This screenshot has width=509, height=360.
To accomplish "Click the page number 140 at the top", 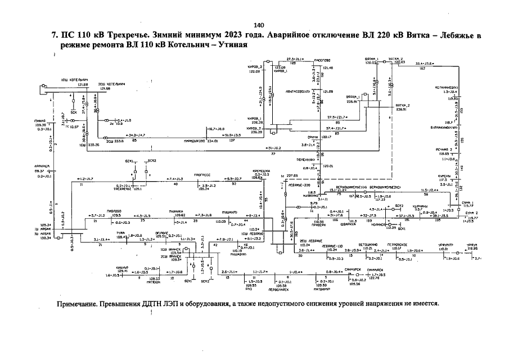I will point(259,25).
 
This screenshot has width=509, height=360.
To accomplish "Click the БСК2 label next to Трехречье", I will point(149,161).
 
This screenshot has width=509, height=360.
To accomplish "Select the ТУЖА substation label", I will point(120,232).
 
